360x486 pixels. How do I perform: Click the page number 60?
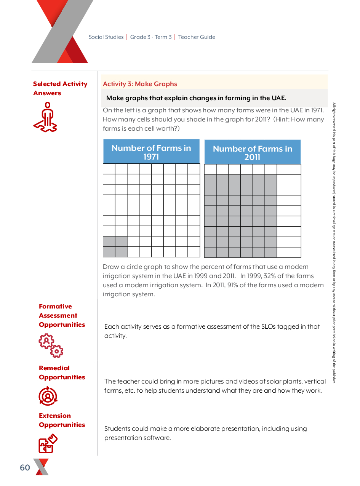pos(25,468)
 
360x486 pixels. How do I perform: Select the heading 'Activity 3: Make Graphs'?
pos(140,84)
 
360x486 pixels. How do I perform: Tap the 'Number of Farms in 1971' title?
pos(151,152)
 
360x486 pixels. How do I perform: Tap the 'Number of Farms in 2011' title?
pos(252,153)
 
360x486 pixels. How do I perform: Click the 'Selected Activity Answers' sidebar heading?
pos(60,88)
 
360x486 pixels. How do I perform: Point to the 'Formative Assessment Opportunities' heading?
pos(62,315)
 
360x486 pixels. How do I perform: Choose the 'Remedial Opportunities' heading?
pos(62,372)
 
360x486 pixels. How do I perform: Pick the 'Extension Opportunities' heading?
pos(62,420)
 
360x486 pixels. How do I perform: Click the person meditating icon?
pos(46,117)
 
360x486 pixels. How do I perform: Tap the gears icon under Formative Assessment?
pos(51,345)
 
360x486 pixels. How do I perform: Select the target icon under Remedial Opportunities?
pos(48,396)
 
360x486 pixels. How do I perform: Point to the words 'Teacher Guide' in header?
pos(197,37)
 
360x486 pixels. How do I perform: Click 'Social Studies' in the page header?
pos(106,37)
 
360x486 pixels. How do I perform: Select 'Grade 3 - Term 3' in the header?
pos(151,37)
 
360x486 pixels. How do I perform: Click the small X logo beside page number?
pos(41,467)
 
